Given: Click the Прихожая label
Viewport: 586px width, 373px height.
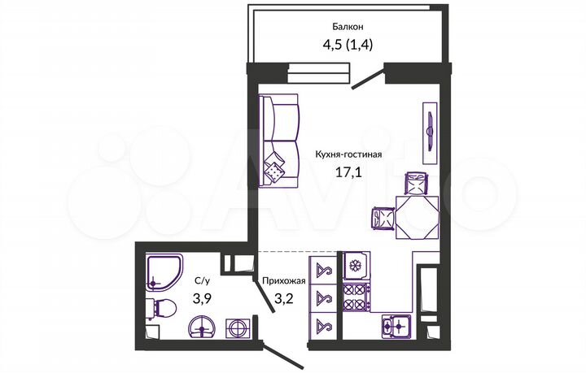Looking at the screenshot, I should coord(283,281).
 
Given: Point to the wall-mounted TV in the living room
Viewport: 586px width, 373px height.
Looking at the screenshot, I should coord(429,128).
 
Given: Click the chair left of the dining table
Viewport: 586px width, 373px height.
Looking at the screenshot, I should coord(381,217).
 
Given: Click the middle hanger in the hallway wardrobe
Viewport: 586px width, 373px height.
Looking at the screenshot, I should coord(321,297).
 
